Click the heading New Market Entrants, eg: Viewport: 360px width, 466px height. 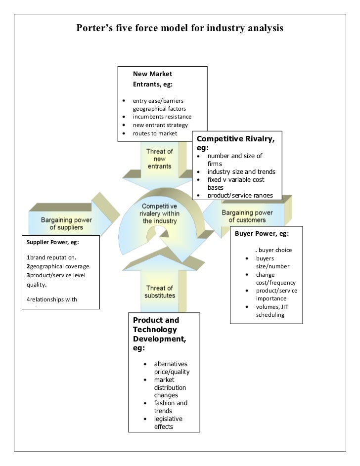point(152,79)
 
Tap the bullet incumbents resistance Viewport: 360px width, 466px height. point(162,117)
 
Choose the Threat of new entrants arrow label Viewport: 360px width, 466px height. point(159,159)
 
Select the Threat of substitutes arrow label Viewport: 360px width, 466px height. point(159,292)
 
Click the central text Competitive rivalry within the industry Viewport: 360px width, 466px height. point(159,213)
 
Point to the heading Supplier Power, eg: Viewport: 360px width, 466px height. point(52,242)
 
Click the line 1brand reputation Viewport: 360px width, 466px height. point(51,257)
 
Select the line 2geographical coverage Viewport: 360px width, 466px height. point(56,266)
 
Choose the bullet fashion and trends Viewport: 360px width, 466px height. point(170,407)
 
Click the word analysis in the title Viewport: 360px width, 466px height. point(263,28)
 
